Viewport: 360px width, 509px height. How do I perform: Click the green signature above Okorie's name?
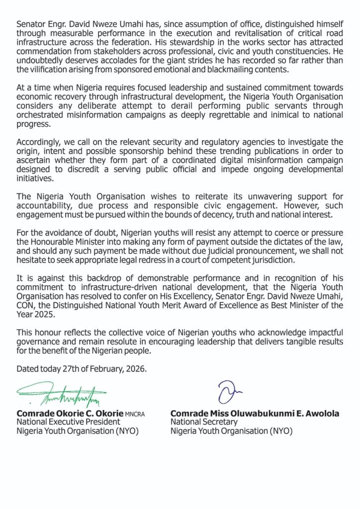62,395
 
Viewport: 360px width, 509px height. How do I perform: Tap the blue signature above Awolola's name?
227,391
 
